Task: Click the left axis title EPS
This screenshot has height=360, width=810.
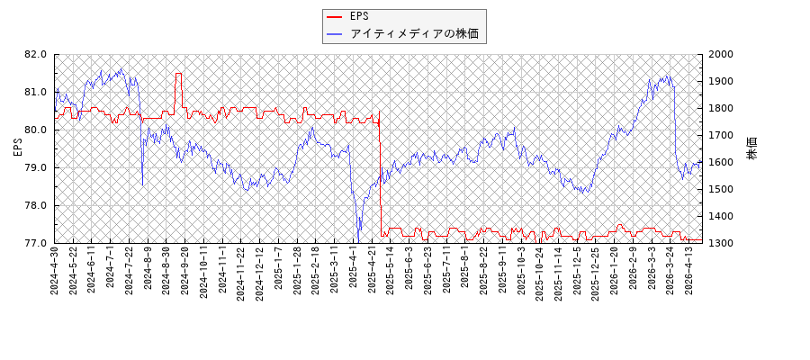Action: click(x=17, y=148)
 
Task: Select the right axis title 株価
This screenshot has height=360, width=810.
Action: click(x=752, y=148)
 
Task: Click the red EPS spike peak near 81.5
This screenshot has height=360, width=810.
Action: click(x=178, y=74)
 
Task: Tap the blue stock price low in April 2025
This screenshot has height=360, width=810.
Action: click(x=357, y=240)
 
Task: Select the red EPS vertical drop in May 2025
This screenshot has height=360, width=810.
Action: click(x=381, y=180)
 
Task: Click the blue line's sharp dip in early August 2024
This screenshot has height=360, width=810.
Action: click(x=142, y=184)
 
